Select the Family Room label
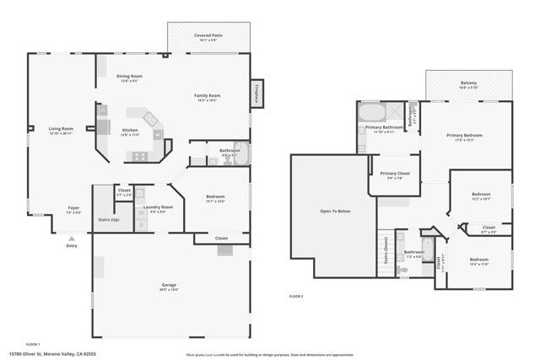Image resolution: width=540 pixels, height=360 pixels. point(207,96)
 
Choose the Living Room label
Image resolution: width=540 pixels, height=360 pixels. point(61,129)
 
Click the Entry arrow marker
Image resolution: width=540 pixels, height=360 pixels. point(71,239)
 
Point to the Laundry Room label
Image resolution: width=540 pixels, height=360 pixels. point(158,207)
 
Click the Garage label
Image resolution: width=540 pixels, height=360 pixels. point(169,285)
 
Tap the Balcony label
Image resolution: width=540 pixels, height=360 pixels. point(468,83)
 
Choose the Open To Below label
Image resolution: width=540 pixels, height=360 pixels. point(334,211)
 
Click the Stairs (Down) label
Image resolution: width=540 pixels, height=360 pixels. point(386,250)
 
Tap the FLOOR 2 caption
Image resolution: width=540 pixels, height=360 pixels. point(296,297)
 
